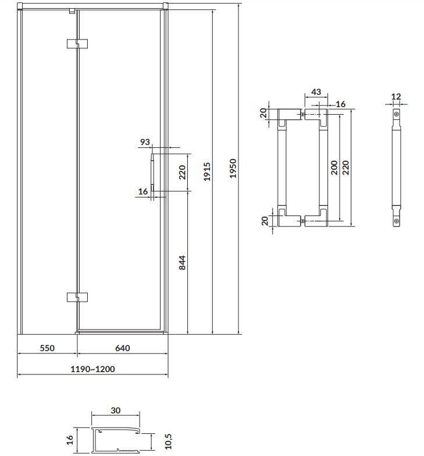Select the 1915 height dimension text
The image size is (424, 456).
tap(208, 171)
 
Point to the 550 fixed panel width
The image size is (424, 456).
tap(47, 348)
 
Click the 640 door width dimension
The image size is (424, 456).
tap(122, 348)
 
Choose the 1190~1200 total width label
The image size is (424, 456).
tap(92, 369)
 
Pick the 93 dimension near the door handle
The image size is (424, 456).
tap(145, 142)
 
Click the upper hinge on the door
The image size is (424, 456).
tap(77, 44)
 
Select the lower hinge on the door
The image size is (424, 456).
tap(77, 296)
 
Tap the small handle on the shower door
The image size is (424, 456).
tap(152, 171)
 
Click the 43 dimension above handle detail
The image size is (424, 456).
tap(316, 92)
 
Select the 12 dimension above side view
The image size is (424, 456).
tap(397, 96)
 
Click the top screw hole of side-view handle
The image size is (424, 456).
tap(396, 115)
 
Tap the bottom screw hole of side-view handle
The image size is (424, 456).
tap(396, 221)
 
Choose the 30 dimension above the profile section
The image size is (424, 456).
tap(115, 411)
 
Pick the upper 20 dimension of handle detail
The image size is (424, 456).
tap(262, 112)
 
